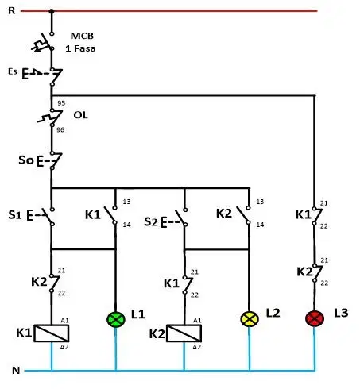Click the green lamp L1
(x=116, y=319)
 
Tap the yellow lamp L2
(x=250, y=318)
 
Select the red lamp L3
(x=315, y=318)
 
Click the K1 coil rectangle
(x=52, y=333)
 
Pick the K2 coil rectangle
(x=184, y=333)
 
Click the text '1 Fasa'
(x=80, y=48)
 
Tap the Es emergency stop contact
(x=42, y=76)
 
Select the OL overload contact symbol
(x=50, y=117)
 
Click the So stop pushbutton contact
(x=50, y=160)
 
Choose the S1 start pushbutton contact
(x=41, y=217)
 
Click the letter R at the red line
(x=12, y=11)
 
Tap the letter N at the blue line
(x=16, y=371)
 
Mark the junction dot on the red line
(x=52, y=11)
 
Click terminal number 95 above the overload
(x=61, y=103)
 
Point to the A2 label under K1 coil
(x=64, y=347)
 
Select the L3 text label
(x=341, y=313)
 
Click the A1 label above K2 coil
(x=197, y=321)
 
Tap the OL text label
(x=80, y=115)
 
